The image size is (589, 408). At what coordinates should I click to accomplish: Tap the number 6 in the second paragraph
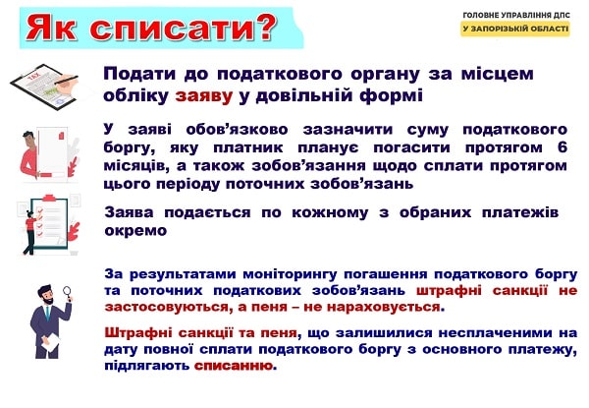coord(562,146)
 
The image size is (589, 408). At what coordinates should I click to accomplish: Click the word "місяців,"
coord(136,164)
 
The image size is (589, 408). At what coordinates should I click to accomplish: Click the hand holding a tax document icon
coord(42,81)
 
